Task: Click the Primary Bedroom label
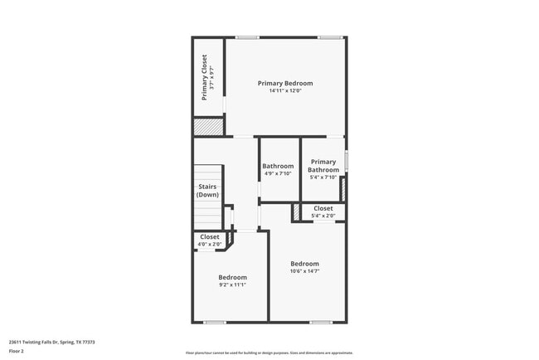pyautogui.click(x=285, y=83)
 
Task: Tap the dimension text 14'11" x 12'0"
pyautogui.click(x=285, y=91)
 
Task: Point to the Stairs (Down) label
pyautogui.click(x=207, y=191)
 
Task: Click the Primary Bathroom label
pyautogui.click(x=323, y=166)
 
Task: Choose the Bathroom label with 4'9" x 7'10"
pyautogui.click(x=278, y=166)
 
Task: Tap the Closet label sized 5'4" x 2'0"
pyautogui.click(x=323, y=208)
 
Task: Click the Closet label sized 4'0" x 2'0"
pyautogui.click(x=210, y=236)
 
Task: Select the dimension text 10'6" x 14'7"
pyautogui.click(x=304, y=271)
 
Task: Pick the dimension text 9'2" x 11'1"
pyautogui.click(x=232, y=285)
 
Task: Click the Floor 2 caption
pyautogui.click(x=17, y=351)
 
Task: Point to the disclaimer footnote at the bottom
pyautogui.click(x=269, y=353)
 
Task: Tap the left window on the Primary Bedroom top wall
pyautogui.click(x=246, y=37)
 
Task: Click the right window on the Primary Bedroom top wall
pyautogui.click(x=331, y=37)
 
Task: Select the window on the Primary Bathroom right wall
pyautogui.click(x=346, y=160)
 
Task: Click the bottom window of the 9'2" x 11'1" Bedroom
pyautogui.click(x=214, y=322)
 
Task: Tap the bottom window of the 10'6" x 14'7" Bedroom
pyautogui.click(x=321, y=322)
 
